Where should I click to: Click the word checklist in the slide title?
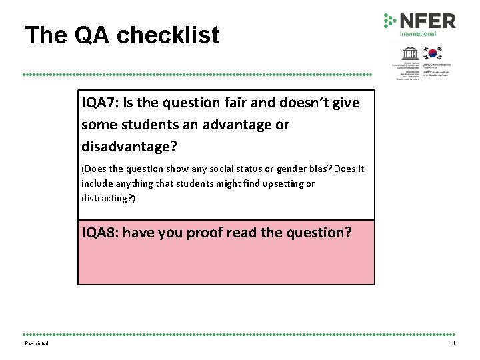(x=169, y=35)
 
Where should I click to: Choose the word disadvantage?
(x=129, y=146)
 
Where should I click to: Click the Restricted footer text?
(x=37, y=344)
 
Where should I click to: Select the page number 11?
(x=452, y=344)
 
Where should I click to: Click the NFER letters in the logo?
(x=427, y=21)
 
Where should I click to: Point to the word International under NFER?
(x=418, y=33)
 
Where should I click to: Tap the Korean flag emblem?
(x=433, y=53)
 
